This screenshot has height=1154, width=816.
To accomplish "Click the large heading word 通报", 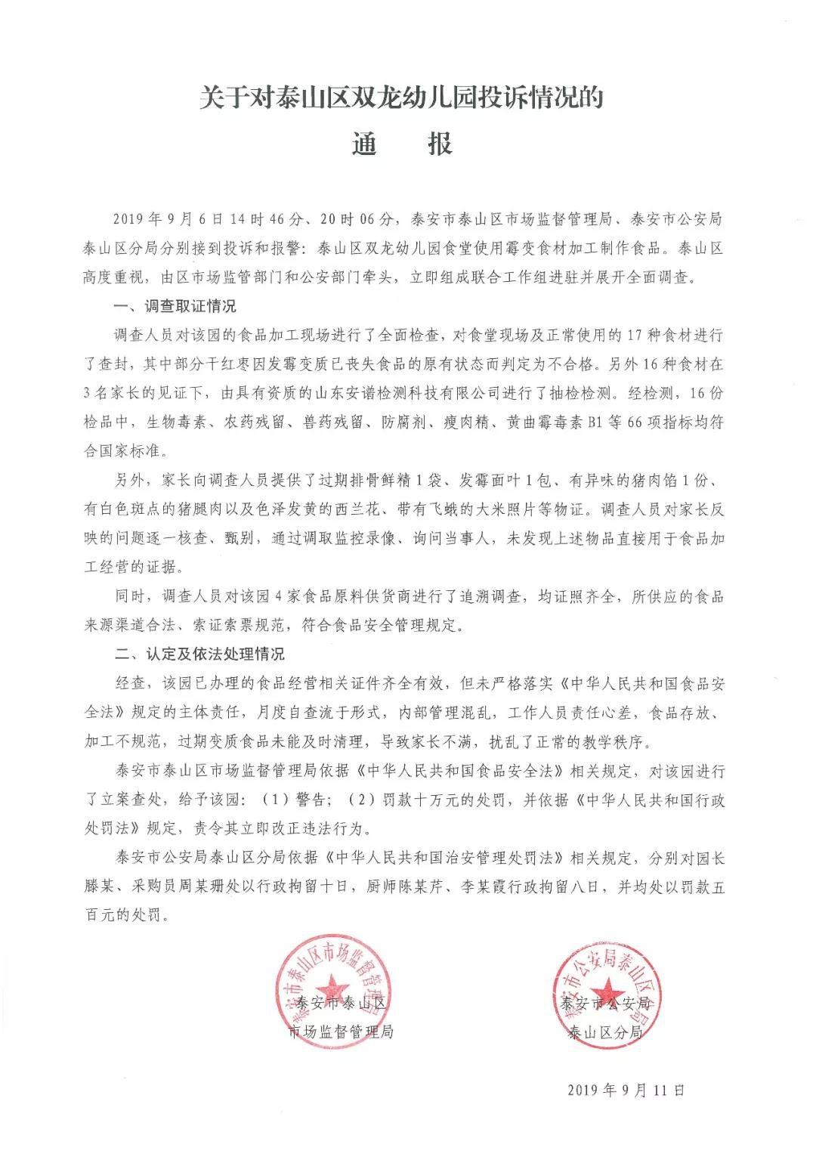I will point(402,144).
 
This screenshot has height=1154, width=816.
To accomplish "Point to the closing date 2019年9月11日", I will point(625,1090).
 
